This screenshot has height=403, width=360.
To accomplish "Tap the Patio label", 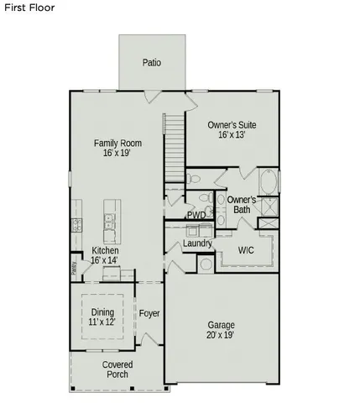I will tap(151, 62).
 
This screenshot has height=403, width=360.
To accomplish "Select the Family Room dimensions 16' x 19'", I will tap(117, 154).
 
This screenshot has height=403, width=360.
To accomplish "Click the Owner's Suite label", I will tap(232, 125).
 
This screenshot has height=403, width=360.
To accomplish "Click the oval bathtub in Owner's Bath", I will tap(267, 181).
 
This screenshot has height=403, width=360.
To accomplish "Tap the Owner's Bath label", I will tap(242, 204).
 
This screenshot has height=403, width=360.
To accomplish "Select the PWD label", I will tap(196, 215).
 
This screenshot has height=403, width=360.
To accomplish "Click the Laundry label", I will tap(196, 243).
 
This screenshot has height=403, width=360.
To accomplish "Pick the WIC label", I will tap(246, 250).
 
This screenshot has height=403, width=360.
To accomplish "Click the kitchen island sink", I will tap(110, 222).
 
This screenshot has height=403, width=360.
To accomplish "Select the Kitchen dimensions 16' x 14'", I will tap(105, 261).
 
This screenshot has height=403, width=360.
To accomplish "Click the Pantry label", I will tap(74, 269).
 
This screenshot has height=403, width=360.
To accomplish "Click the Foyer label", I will tap(149, 314).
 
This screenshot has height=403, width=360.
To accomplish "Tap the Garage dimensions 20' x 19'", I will tap(221, 335).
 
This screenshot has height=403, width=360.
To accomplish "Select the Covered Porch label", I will tap(117, 369).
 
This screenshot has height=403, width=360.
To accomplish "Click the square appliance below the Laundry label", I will tap(206, 264).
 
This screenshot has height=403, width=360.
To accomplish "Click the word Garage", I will tap(221, 325).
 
